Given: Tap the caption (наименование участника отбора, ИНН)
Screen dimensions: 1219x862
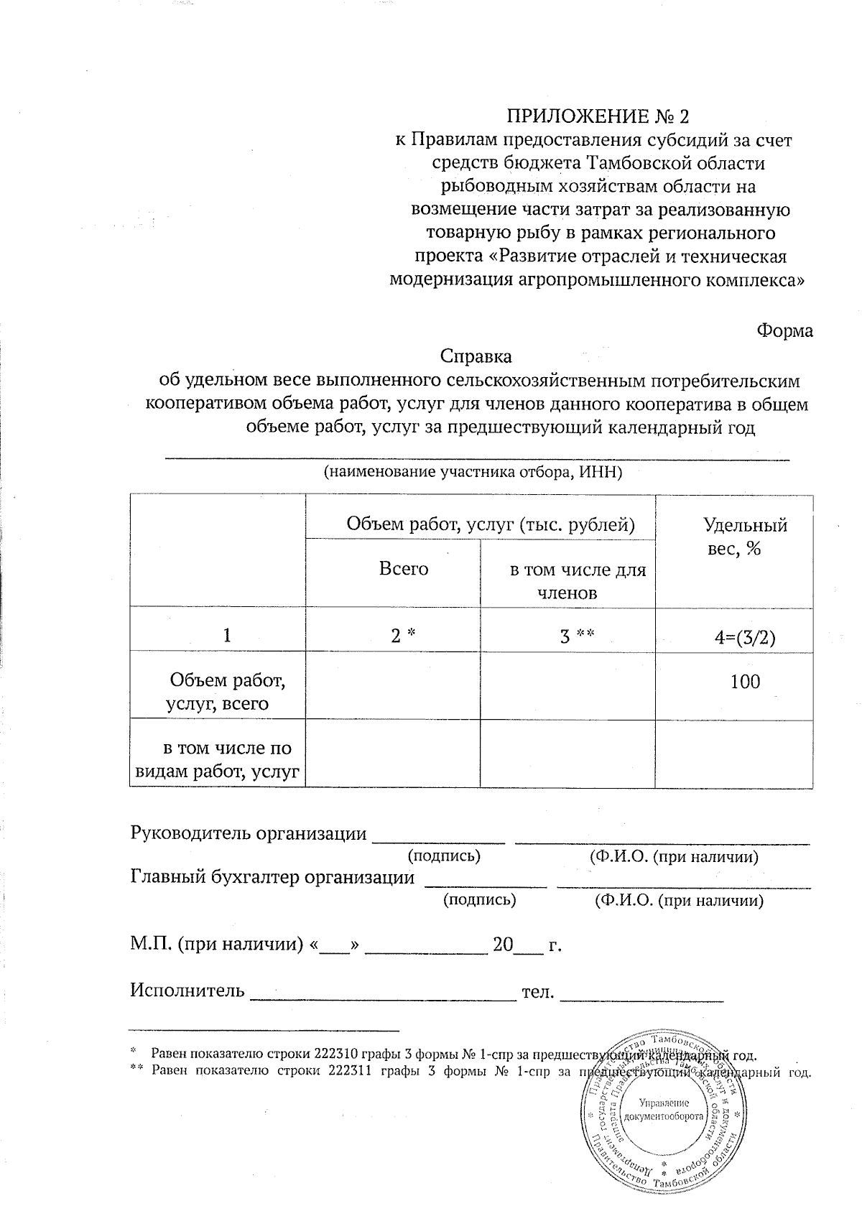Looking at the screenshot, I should (x=472, y=473).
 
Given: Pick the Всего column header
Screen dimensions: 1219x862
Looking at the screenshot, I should (x=404, y=569).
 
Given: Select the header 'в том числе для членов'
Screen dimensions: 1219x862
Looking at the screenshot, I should (x=577, y=581).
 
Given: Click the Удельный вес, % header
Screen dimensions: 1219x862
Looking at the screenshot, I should (x=744, y=537).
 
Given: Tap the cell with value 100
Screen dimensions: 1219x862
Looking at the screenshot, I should (x=745, y=682).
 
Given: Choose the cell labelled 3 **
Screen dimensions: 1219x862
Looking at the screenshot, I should (x=577, y=636).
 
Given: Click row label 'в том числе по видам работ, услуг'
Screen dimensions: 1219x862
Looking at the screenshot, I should (x=219, y=760).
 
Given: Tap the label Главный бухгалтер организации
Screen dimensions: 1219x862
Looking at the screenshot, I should (x=272, y=877).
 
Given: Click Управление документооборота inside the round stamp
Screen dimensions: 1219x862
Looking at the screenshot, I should (x=662, y=1111).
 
